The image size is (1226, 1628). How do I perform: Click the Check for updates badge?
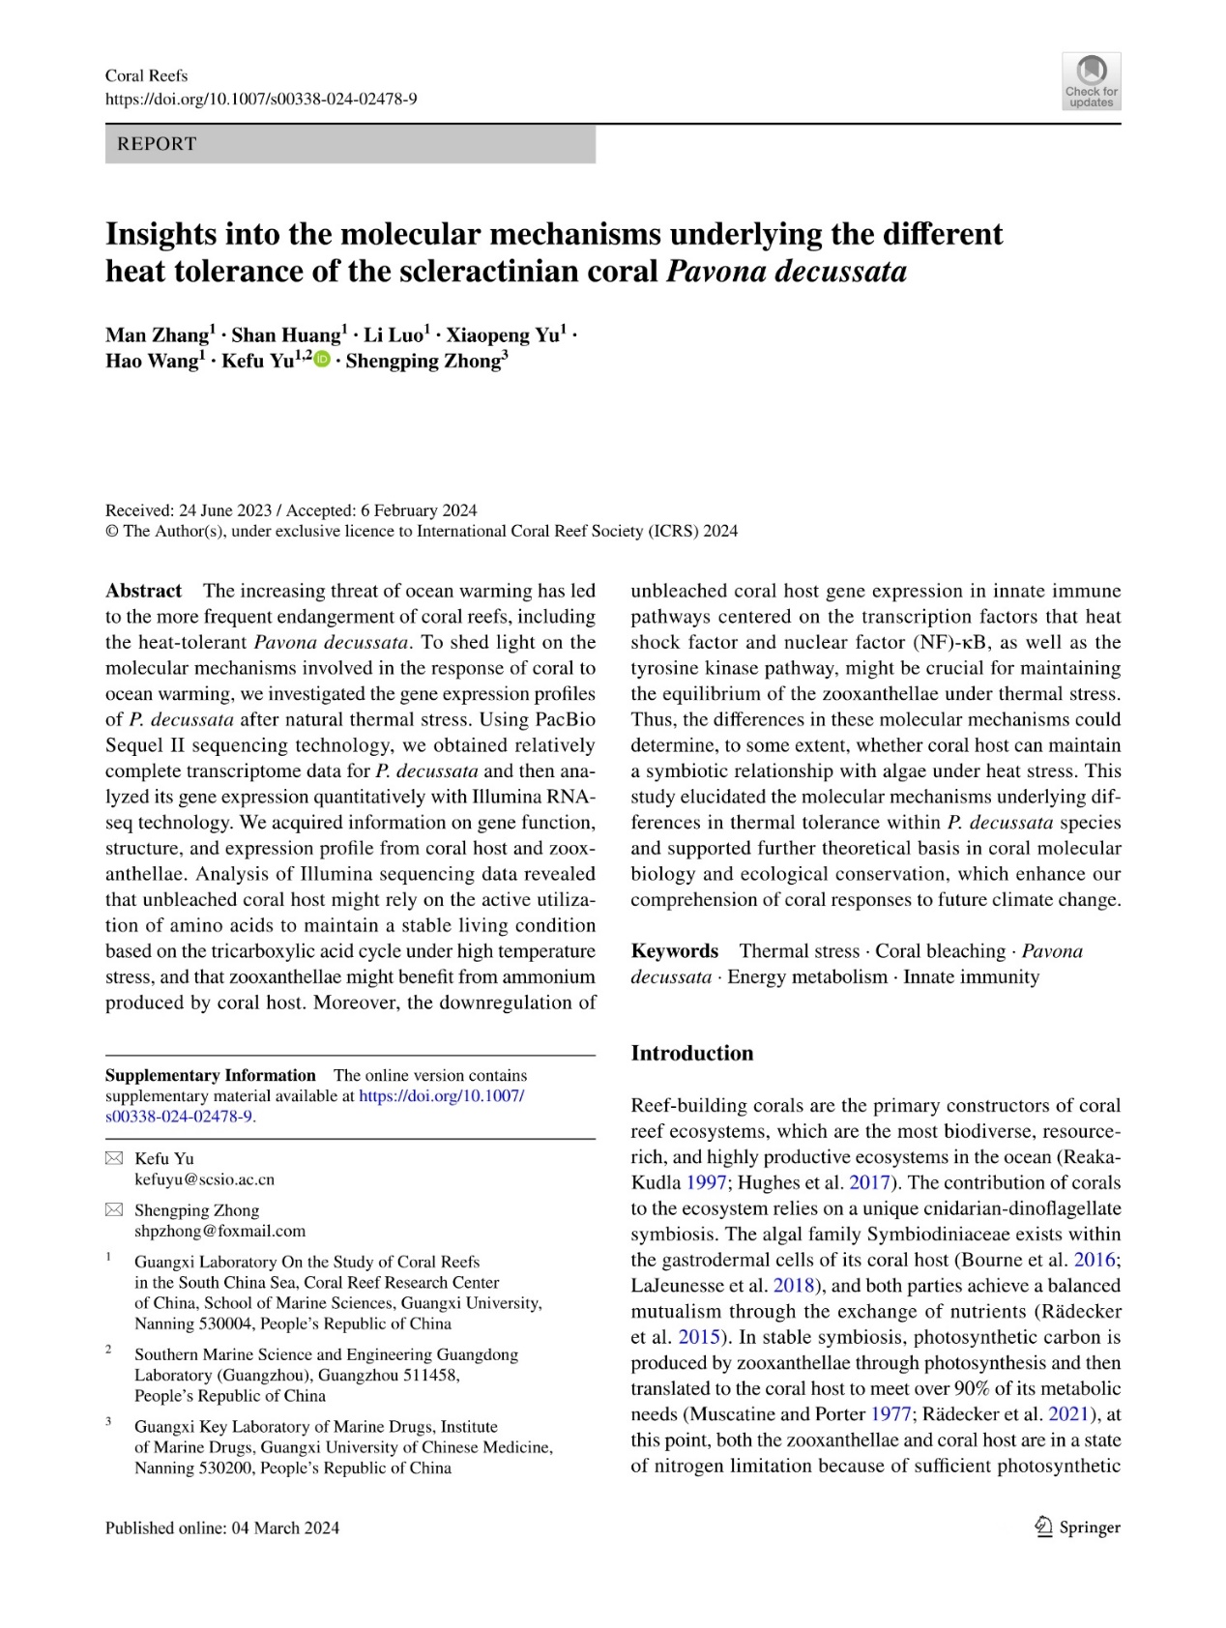(x=1091, y=81)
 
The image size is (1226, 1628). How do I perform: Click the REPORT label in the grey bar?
(x=157, y=144)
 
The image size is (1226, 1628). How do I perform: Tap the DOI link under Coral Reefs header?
(x=261, y=99)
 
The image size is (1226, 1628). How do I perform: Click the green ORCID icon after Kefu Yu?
(x=322, y=361)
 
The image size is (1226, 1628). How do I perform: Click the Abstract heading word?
(x=143, y=591)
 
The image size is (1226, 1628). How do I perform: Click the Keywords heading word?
(x=674, y=951)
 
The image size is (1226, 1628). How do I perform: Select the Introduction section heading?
(x=691, y=1054)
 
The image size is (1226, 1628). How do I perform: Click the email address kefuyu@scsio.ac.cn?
(x=204, y=1179)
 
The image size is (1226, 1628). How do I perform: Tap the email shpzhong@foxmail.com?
(x=219, y=1231)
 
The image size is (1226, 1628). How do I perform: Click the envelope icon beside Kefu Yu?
(x=114, y=1158)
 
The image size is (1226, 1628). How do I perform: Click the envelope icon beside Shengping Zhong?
(x=114, y=1209)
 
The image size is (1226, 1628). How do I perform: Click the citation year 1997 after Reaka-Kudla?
(x=706, y=1182)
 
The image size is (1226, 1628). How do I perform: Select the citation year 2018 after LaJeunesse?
(x=793, y=1286)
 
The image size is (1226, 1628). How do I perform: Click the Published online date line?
(x=222, y=1527)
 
